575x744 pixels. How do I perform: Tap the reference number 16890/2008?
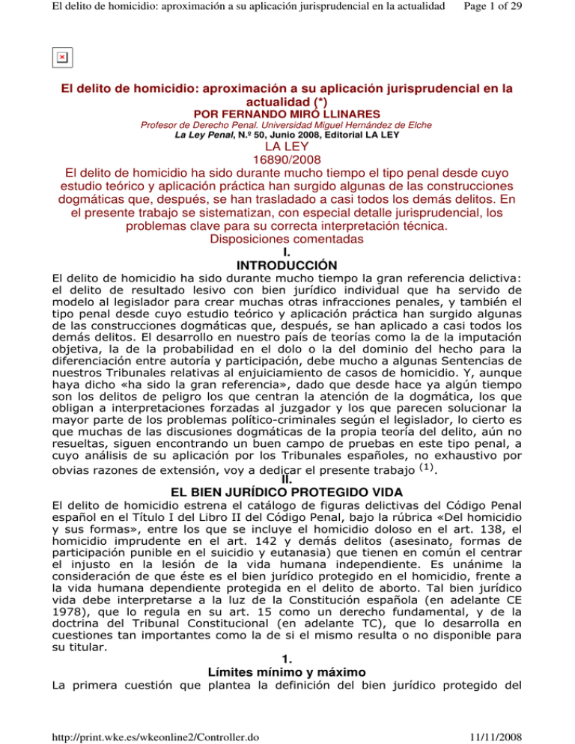pyautogui.click(x=287, y=172)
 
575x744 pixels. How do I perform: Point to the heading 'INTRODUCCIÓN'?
pyautogui.click(x=287, y=265)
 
